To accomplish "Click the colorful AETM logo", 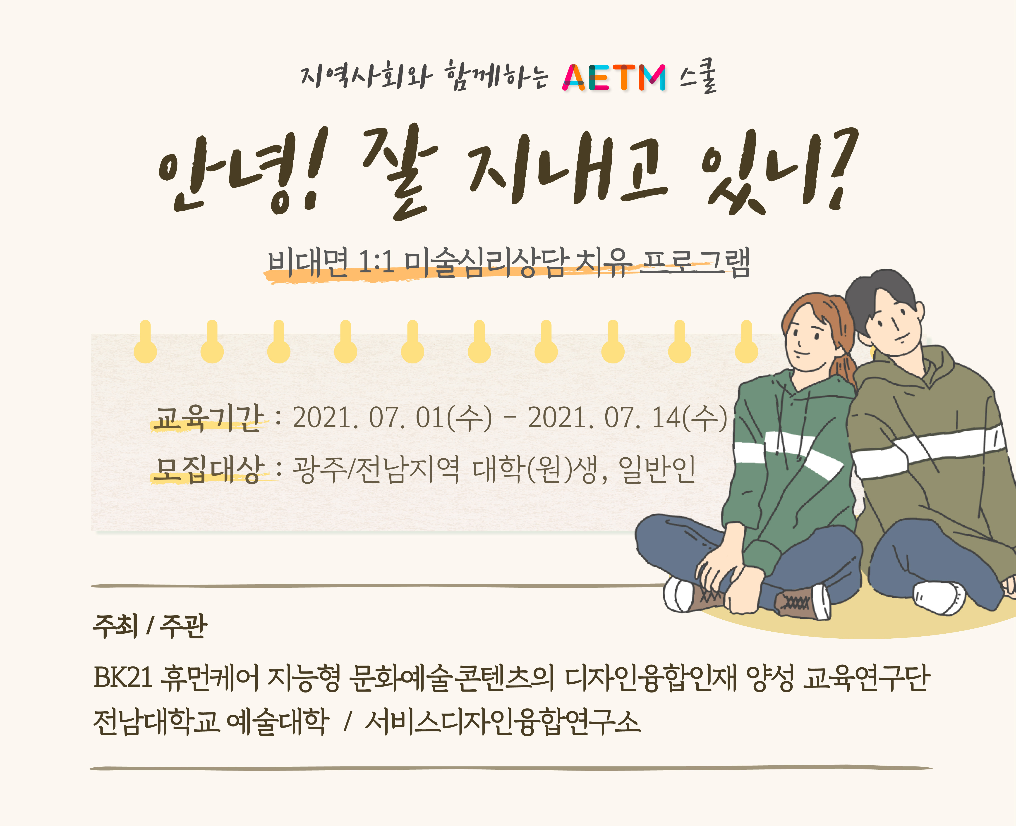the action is [x=614, y=77].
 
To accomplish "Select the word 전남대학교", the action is [x=156, y=722].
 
